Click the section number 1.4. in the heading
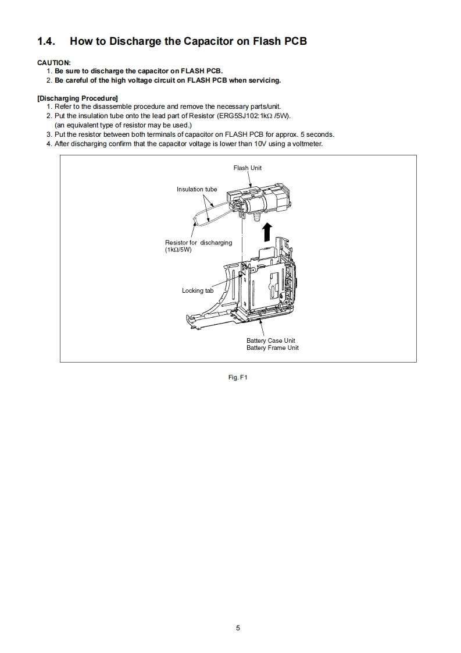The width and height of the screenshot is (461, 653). tap(48, 41)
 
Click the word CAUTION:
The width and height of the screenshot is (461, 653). tap(54, 62)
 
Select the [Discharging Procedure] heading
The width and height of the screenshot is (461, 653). tap(77, 98)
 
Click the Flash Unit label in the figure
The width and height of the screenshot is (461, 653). tap(247, 168)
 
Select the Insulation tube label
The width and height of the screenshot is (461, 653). tap(196, 189)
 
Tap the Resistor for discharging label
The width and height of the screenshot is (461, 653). tap(198, 243)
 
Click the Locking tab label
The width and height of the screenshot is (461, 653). tap(198, 290)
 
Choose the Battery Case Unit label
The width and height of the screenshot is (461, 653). tap(270, 340)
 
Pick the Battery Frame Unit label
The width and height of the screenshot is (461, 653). tap(272, 348)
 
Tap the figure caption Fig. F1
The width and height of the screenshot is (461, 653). tap(238, 378)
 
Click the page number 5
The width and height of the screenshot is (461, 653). tap(238, 628)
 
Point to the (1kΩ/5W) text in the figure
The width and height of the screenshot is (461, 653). tap(178, 250)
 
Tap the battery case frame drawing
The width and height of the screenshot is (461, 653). tap(262, 285)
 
